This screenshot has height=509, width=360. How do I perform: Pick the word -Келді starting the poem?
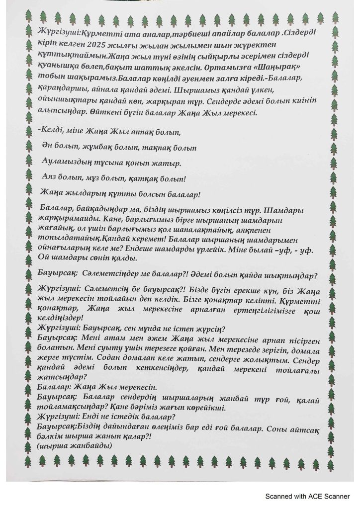click(x=50, y=133)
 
